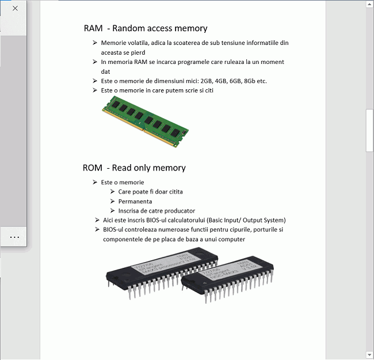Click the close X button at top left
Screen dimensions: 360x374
coord(15,8)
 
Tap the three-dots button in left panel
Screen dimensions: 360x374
coord(15,236)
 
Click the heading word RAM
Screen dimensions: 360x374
coord(93,28)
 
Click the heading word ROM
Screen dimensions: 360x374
coord(92,168)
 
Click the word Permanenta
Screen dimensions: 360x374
coord(135,202)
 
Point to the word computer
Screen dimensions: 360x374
coord(232,239)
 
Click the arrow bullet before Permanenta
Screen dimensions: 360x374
coord(113,202)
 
